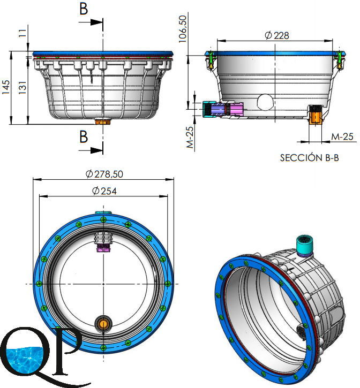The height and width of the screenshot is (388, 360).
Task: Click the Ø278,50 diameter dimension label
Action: click(104, 174)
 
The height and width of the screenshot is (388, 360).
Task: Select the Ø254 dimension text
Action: click(104, 191)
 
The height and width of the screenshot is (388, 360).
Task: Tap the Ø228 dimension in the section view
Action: click(277, 35)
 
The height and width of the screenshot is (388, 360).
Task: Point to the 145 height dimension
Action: click(6, 87)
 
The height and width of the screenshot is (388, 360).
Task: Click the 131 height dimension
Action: click(22, 87)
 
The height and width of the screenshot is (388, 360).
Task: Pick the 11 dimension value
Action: click(22, 33)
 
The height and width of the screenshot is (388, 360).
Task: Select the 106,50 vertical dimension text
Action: click(182, 29)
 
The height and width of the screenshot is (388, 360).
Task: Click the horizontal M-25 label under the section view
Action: click(342, 136)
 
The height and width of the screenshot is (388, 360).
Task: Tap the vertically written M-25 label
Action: click(190, 138)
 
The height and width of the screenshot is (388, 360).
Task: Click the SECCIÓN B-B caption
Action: click(309, 158)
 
